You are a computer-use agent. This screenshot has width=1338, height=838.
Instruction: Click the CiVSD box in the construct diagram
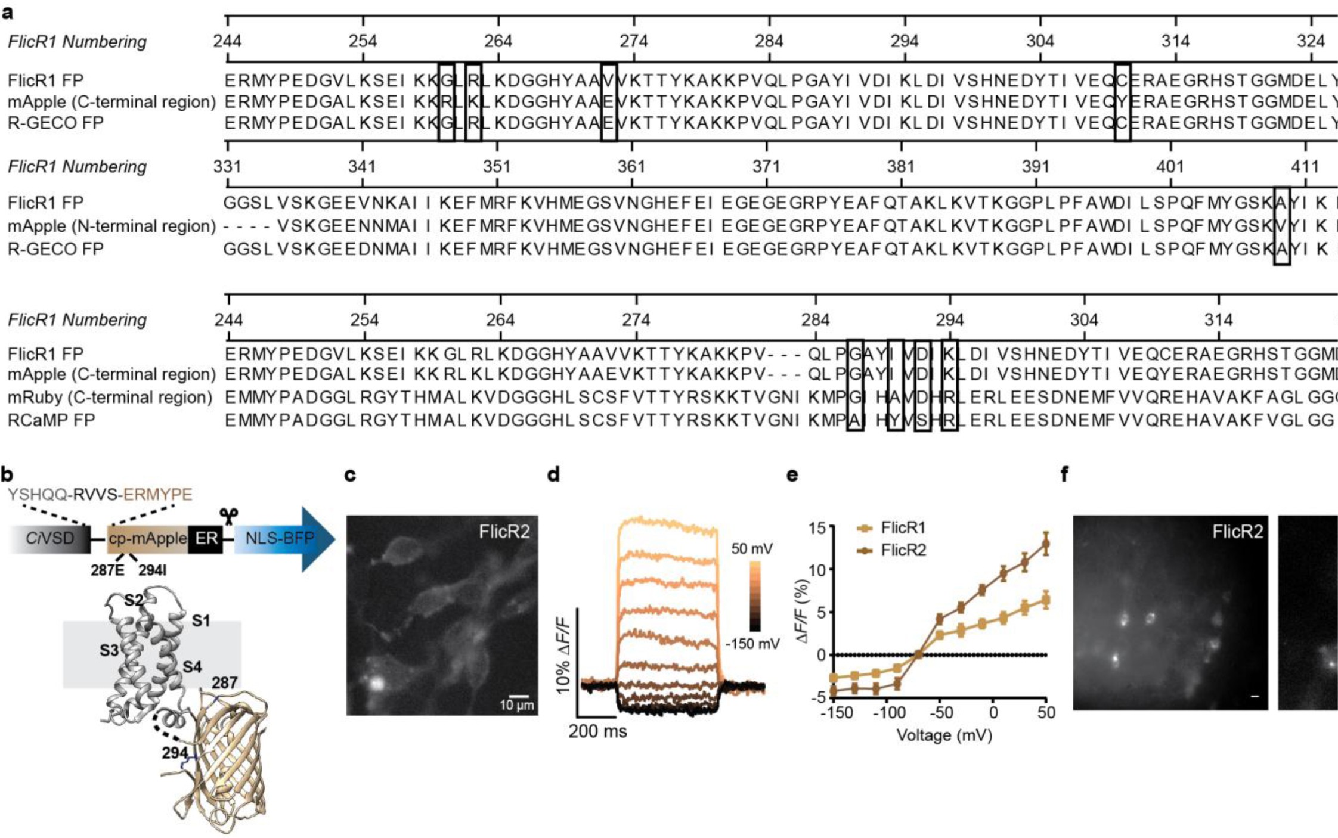50,539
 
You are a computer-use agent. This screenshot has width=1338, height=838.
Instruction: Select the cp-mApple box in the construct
147,539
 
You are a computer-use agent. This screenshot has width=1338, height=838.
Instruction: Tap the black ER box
206,539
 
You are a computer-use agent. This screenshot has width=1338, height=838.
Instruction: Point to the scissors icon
228,516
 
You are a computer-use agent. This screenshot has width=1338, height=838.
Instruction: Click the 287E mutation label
107,570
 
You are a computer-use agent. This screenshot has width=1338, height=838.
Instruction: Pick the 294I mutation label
152,570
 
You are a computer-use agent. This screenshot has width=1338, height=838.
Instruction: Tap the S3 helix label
109,650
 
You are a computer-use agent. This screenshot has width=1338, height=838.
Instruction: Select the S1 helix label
201,621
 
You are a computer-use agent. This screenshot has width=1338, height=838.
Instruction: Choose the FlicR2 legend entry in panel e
903,550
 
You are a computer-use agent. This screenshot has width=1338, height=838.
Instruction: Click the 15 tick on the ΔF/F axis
818,528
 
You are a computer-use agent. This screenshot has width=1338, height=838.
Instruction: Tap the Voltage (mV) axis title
944,735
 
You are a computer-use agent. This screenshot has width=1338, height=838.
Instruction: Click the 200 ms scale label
597,731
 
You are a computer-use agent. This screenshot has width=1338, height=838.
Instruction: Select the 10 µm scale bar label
516,706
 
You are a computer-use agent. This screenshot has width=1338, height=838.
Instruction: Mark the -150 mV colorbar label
752,644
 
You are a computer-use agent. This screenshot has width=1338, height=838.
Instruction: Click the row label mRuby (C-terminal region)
110,398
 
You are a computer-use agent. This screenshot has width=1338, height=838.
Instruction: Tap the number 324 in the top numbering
1311,41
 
